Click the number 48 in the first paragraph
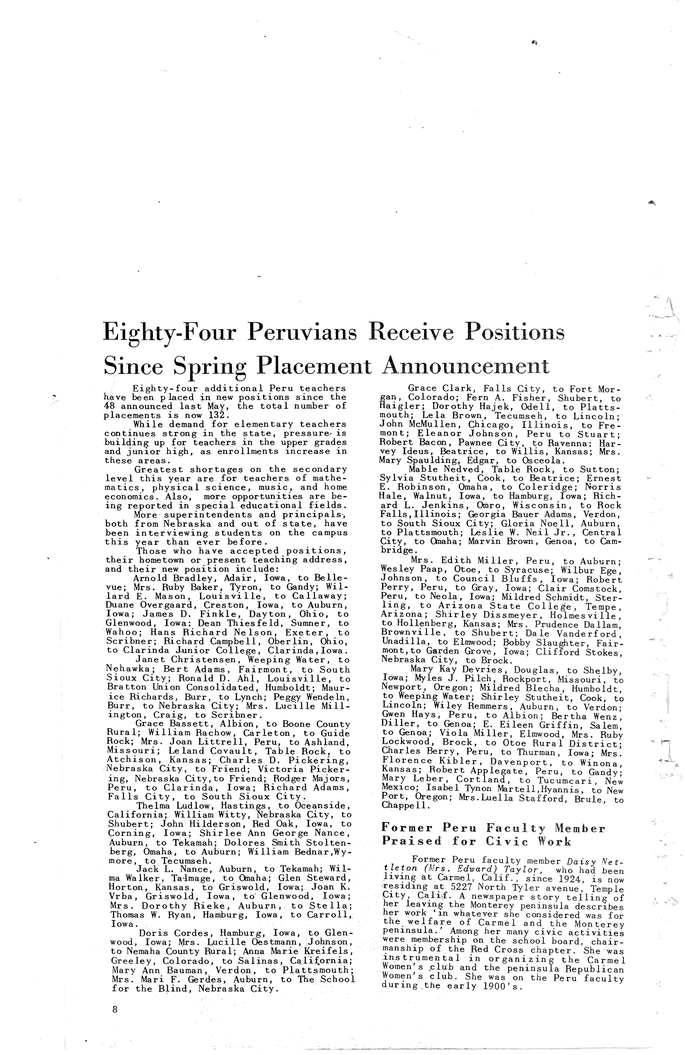click(110, 406)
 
